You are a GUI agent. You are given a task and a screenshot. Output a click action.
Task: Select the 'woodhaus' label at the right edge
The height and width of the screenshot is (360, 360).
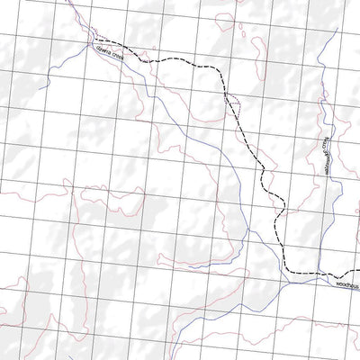click(x=346, y=284)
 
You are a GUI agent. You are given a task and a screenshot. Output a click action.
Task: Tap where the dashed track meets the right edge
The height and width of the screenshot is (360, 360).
click(x=358, y=276)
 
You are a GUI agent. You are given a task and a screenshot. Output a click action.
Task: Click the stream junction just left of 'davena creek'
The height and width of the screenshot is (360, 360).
click(x=93, y=44)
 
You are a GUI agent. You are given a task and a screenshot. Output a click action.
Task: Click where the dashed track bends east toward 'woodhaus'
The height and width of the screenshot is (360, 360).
click(x=286, y=269)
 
